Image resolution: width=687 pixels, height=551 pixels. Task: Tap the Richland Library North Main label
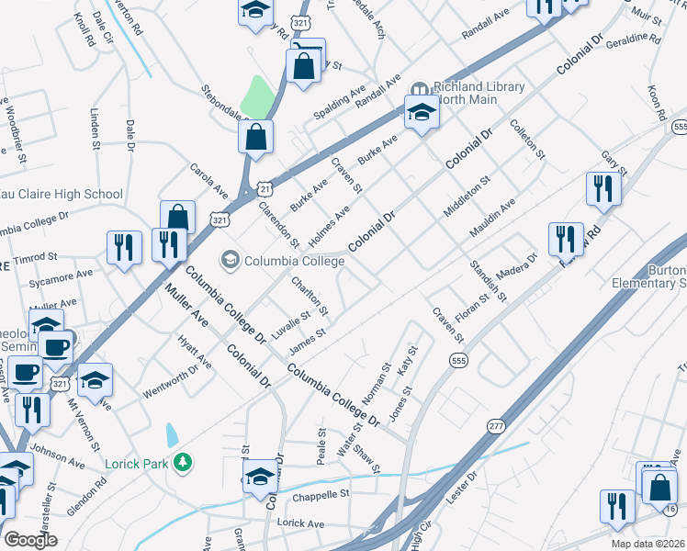[x=479, y=93]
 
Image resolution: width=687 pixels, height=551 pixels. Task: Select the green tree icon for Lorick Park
[x=184, y=462]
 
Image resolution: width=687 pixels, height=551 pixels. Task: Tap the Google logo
[x=30, y=539]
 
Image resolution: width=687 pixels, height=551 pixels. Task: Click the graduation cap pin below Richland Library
[x=422, y=113]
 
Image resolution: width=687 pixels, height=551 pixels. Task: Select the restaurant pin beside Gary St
[x=603, y=188]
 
